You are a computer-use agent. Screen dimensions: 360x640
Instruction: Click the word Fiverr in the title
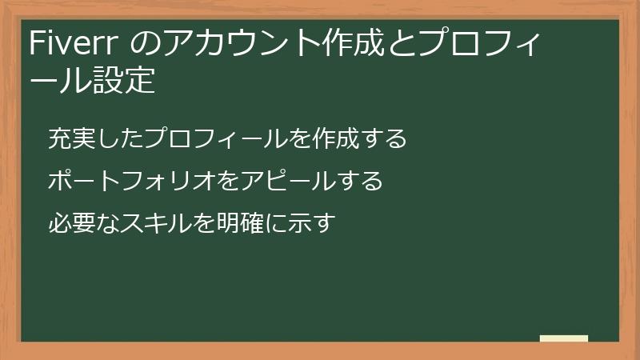tap(74, 44)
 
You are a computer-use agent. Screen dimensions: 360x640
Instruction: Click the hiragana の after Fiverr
tap(145, 44)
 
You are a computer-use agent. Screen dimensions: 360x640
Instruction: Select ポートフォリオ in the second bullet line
tap(132, 181)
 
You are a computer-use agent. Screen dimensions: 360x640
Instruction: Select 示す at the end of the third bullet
tap(311, 222)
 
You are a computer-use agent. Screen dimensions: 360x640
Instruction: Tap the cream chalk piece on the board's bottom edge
tap(564, 338)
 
